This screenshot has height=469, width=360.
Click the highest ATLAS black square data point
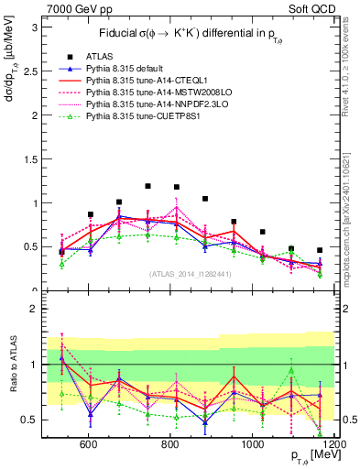coord(147,186)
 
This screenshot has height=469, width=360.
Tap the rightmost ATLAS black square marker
coord(320,250)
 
